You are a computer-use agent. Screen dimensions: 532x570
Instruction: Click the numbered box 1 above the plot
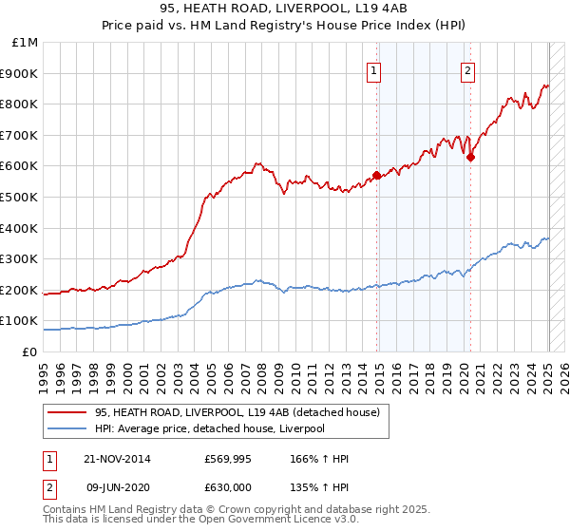point(373,69)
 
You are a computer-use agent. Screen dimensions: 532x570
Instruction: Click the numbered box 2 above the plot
point(468,69)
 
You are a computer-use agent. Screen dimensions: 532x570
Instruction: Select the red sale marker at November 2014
point(377,175)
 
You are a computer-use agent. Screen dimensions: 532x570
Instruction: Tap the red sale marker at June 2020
point(470,158)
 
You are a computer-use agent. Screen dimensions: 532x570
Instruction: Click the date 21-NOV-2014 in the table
point(118,460)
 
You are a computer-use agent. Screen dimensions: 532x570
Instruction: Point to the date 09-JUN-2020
point(118,486)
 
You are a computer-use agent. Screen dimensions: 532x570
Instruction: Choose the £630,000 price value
point(228,486)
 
